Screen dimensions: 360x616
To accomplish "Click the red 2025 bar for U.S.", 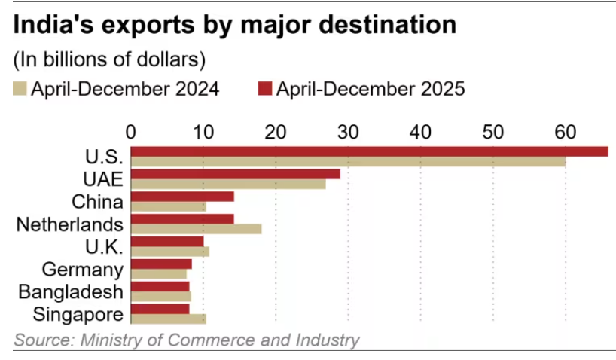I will click(369, 151).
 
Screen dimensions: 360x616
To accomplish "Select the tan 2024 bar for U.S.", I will click(348, 162).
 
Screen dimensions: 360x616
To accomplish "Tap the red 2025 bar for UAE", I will click(235, 174).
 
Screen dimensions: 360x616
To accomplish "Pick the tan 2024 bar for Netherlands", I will click(196, 229).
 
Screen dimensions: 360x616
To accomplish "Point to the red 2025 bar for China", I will click(182, 197).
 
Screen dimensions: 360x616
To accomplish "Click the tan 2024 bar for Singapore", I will click(168, 319).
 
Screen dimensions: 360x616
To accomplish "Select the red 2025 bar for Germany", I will click(161, 264).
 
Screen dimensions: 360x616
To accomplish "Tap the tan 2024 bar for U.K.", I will click(169, 252).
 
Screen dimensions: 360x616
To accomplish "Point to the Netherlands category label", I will click(69, 224).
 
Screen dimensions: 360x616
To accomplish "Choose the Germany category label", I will click(83, 270).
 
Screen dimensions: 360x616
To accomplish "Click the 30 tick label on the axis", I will click(348, 132).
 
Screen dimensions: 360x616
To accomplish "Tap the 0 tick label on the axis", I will click(131, 132).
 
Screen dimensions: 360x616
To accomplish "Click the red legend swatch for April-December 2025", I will click(264, 89).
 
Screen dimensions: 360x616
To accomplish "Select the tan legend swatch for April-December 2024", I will click(20, 89).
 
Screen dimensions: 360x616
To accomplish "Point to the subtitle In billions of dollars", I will click(109, 59).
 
